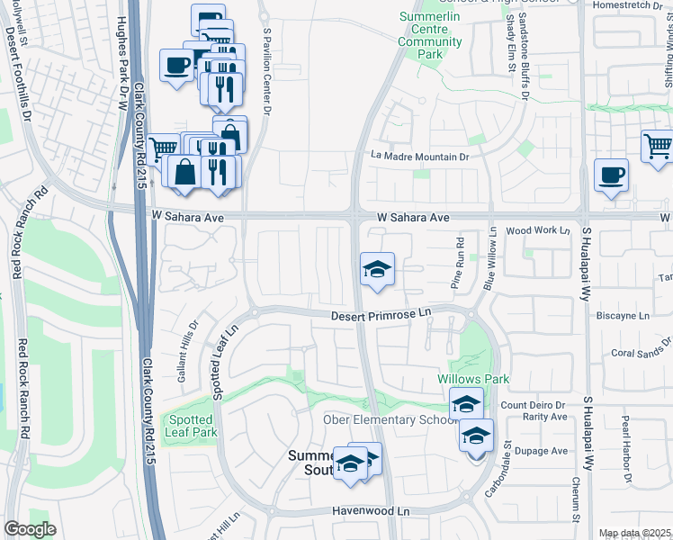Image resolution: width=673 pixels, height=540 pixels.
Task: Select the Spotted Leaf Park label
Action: tap(190, 426)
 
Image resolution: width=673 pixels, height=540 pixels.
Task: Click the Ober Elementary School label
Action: tap(390, 420)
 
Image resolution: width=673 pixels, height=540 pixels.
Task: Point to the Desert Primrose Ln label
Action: tap(381, 316)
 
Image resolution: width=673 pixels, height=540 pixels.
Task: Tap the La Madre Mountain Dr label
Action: tap(421, 157)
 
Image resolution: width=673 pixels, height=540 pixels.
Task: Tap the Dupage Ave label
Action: tap(547, 451)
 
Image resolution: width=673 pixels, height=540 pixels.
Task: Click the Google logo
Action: tap(30, 528)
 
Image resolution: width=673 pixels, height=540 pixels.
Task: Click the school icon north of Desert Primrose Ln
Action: tap(377, 269)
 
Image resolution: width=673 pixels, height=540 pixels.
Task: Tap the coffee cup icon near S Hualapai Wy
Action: tap(611, 176)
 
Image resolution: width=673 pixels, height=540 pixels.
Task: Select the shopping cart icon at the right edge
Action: tap(658, 145)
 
